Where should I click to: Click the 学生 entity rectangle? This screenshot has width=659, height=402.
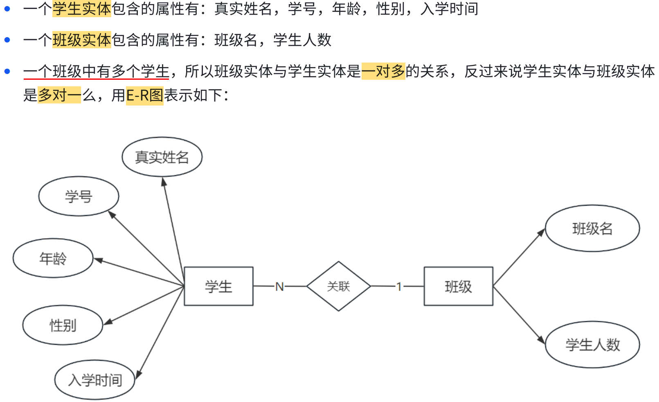tap(218, 286)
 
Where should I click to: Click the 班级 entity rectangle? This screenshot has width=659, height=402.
tap(458, 286)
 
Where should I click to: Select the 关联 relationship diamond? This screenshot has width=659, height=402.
tap(338, 286)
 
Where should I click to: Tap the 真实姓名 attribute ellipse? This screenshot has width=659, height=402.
tap(162, 157)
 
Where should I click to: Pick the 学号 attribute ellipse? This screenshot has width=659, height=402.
tap(79, 196)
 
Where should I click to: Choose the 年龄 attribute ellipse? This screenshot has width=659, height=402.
tap(53, 258)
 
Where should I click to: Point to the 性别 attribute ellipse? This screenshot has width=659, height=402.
tap(63, 326)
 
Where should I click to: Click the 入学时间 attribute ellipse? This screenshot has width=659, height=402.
tap(95, 380)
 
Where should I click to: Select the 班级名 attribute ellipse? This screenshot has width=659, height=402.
tap(592, 228)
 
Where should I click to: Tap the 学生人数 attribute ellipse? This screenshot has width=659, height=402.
tap(592, 345)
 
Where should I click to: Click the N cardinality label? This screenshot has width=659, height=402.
tap(279, 287)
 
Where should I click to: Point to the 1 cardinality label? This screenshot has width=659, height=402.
tap(399, 287)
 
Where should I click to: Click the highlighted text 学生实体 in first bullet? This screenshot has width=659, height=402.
tap(82, 9)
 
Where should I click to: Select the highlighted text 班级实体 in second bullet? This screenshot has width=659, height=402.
tap(82, 40)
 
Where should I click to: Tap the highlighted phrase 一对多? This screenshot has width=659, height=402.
tap(383, 71)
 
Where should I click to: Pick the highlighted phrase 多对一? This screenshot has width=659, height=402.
tap(59, 95)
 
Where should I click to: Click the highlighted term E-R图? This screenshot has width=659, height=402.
tap(144, 96)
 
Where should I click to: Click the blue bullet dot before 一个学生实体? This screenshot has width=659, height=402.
tap(7, 9)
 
